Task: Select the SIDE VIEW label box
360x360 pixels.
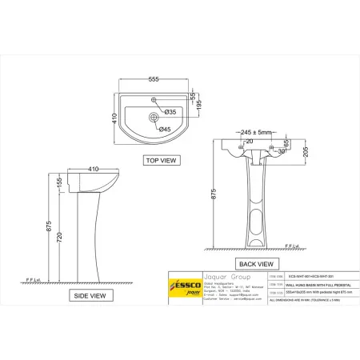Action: point(90,295)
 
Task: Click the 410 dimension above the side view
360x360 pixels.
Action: point(94,169)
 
